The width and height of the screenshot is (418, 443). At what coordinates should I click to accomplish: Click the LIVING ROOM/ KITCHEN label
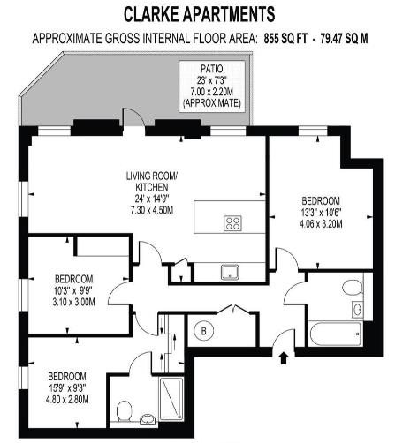151,182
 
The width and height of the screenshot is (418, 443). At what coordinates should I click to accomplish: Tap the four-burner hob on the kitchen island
234,222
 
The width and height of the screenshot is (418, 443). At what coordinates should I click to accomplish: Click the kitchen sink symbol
232,270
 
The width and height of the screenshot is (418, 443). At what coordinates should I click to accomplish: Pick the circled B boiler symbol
204,332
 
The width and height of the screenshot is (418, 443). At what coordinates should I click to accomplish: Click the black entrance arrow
284,357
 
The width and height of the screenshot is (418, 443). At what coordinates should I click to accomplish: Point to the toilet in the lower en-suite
125,409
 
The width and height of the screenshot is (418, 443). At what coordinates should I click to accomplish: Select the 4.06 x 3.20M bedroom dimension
319,222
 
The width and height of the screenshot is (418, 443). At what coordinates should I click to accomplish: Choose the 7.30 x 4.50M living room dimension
151,210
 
